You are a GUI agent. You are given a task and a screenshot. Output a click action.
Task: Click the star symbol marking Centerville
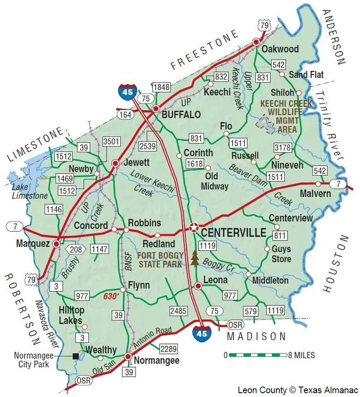[194, 227]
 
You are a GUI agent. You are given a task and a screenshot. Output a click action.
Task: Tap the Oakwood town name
[280, 49]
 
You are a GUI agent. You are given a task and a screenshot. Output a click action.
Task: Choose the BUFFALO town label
[181, 115]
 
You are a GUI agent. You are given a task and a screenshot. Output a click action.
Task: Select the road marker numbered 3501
[111, 141]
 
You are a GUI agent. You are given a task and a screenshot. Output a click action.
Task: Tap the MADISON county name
[256, 336]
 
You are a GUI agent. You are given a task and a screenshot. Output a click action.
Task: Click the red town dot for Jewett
[114, 162]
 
